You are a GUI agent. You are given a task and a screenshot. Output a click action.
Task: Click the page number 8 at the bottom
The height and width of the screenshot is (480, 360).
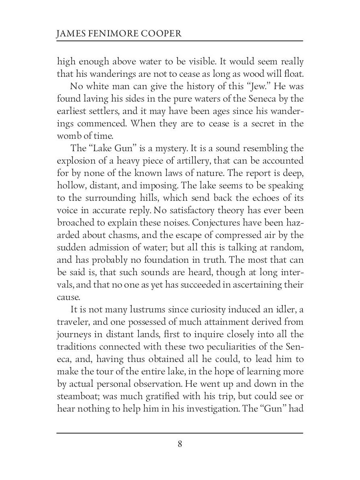coord(180,444)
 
